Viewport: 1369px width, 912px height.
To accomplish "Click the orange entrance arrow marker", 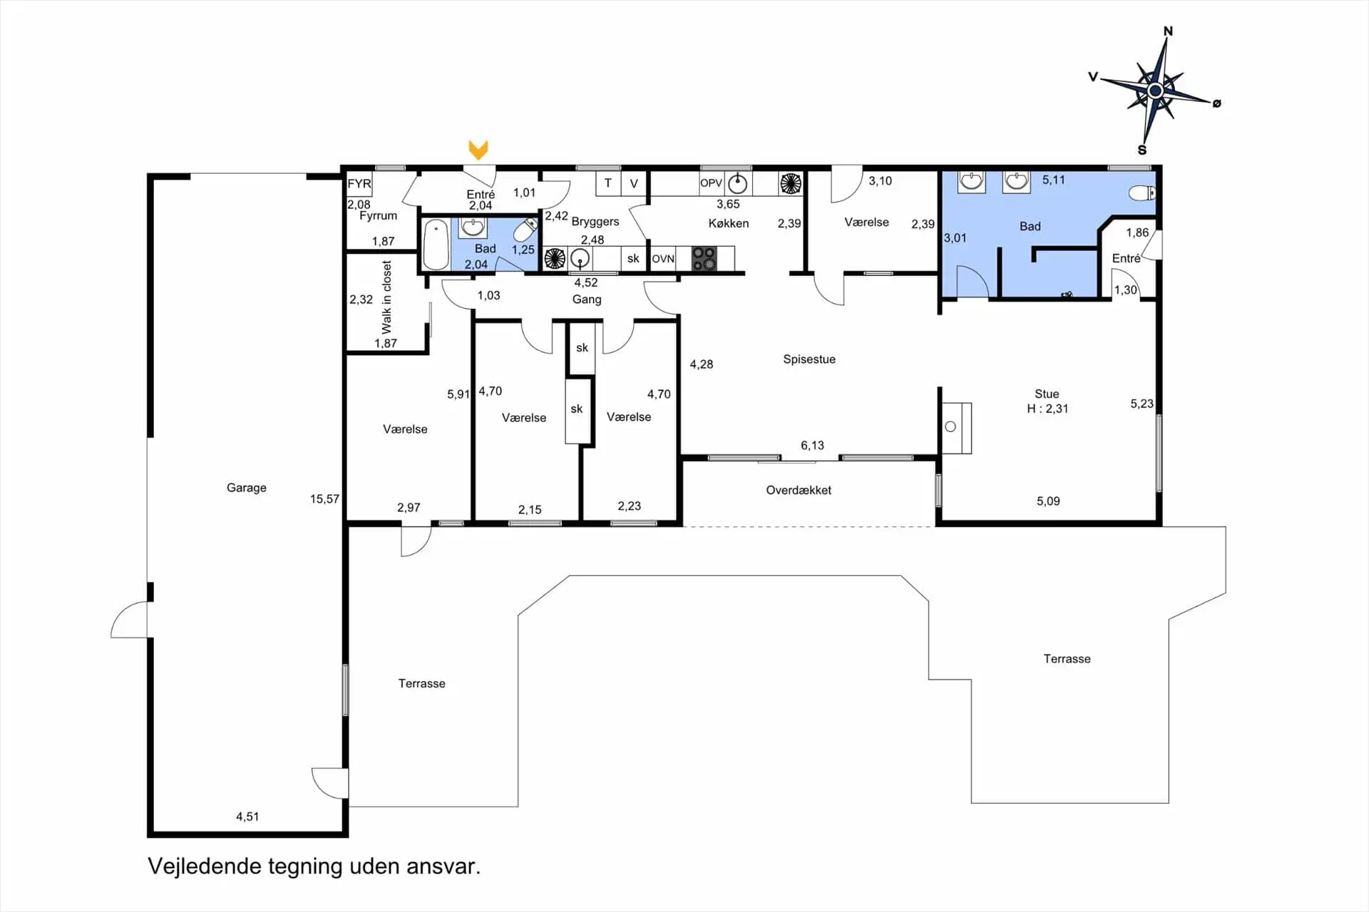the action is pyautogui.click(x=478, y=150).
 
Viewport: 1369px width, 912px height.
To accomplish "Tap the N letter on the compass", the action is pyautogui.click(x=1168, y=31).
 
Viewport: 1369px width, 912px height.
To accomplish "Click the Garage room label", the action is pyautogui.click(x=247, y=488).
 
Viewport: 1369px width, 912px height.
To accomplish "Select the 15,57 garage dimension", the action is pyautogui.click(x=324, y=499).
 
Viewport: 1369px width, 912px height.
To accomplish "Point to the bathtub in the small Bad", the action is pyautogui.click(x=436, y=245).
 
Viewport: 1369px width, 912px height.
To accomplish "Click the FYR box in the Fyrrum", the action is pyautogui.click(x=359, y=184).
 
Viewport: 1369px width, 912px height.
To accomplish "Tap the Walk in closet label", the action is pyautogui.click(x=386, y=297).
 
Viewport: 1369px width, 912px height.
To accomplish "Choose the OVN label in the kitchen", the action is pyautogui.click(x=663, y=259).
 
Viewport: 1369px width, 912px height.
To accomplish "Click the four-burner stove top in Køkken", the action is pyautogui.click(x=704, y=258).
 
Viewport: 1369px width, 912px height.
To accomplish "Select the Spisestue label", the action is pyautogui.click(x=809, y=359).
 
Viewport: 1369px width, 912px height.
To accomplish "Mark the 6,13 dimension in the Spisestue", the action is pyautogui.click(x=812, y=446).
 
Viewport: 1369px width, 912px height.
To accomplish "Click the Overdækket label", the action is pyautogui.click(x=799, y=491).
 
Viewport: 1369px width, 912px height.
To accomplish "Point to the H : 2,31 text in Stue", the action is pyautogui.click(x=1047, y=409).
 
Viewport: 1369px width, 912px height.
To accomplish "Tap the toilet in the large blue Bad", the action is pyautogui.click(x=1142, y=193).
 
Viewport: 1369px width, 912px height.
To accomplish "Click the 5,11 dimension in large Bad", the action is pyautogui.click(x=1053, y=180).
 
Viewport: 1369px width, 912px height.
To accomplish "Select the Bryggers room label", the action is pyautogui.click(x=595, y=222).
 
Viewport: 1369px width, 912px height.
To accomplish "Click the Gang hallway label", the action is pyautogui.click(x=587, y=299).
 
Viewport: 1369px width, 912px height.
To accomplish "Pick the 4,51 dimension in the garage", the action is pyautogui.click(x=247, y=816).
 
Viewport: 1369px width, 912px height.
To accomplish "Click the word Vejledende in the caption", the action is pyautogui.click(x=205, y=866).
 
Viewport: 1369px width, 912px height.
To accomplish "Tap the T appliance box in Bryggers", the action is pyautogui.click(x=607, y=183).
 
